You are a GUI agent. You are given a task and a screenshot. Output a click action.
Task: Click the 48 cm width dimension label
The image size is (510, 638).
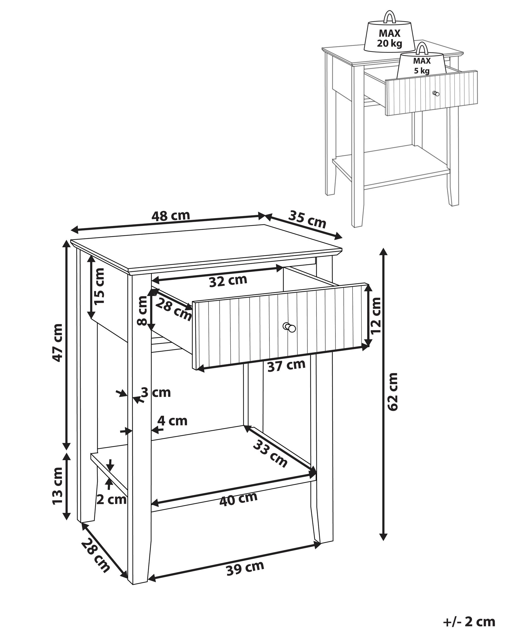pyautogui.click(x=171, y=216)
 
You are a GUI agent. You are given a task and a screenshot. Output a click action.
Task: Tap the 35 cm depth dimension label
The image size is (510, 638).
pyautogui.click(x=307, y=219)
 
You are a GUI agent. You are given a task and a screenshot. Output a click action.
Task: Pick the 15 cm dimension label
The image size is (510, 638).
pyautogui.click(x=99, y=286)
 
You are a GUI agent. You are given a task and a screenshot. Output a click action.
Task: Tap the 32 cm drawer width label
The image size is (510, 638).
pyautogui.click(x=228, y=281)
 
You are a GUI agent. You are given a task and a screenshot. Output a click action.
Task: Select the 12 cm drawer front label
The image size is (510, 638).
pyautogui.click(x=375, y=315)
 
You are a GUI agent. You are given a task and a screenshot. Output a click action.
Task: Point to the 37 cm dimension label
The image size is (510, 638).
pyautogui.click(x=286, y=365)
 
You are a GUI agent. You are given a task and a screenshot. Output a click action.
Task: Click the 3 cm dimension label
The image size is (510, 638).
pyautogui.click(x=156, y=393)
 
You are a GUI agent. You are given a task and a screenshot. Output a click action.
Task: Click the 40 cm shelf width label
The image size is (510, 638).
pyautogui.click(x=238, y=500)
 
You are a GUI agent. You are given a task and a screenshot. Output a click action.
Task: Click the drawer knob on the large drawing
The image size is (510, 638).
pyautogui.click(x=290, y=327)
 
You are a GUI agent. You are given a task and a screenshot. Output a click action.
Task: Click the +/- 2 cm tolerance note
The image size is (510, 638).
pyautogui.click(x=469, y=622)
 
